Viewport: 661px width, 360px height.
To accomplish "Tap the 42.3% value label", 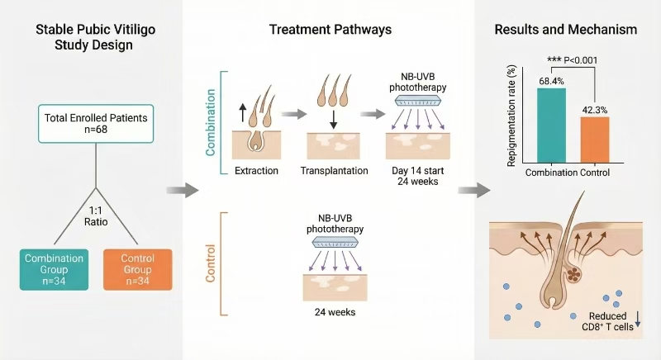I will pyautogui.click(x=594, y=109).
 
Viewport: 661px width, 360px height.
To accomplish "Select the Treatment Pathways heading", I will pyautogui.click(x=330, y=30).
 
